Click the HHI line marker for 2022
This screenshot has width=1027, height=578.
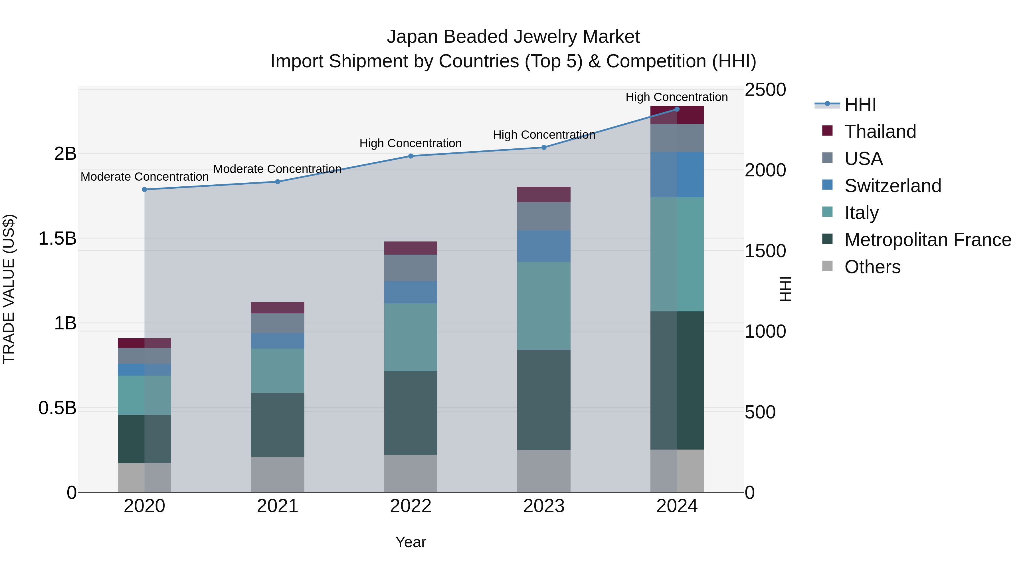411,156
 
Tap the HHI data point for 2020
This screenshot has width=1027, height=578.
144,190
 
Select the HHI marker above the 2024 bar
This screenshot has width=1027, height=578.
677,109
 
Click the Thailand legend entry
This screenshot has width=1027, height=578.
880,132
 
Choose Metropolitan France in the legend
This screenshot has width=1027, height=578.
927,240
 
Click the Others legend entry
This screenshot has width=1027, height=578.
872,267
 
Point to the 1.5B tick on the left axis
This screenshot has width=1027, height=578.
57,239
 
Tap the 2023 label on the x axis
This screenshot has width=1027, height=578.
543,506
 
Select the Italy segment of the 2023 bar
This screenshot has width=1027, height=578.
543,305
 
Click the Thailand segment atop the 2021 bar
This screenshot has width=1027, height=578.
278,307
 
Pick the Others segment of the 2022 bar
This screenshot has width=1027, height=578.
411,474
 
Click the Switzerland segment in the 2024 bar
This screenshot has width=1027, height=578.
677,174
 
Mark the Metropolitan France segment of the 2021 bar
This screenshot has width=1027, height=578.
278,424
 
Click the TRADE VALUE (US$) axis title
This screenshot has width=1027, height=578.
9,289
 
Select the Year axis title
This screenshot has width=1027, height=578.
411,542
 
